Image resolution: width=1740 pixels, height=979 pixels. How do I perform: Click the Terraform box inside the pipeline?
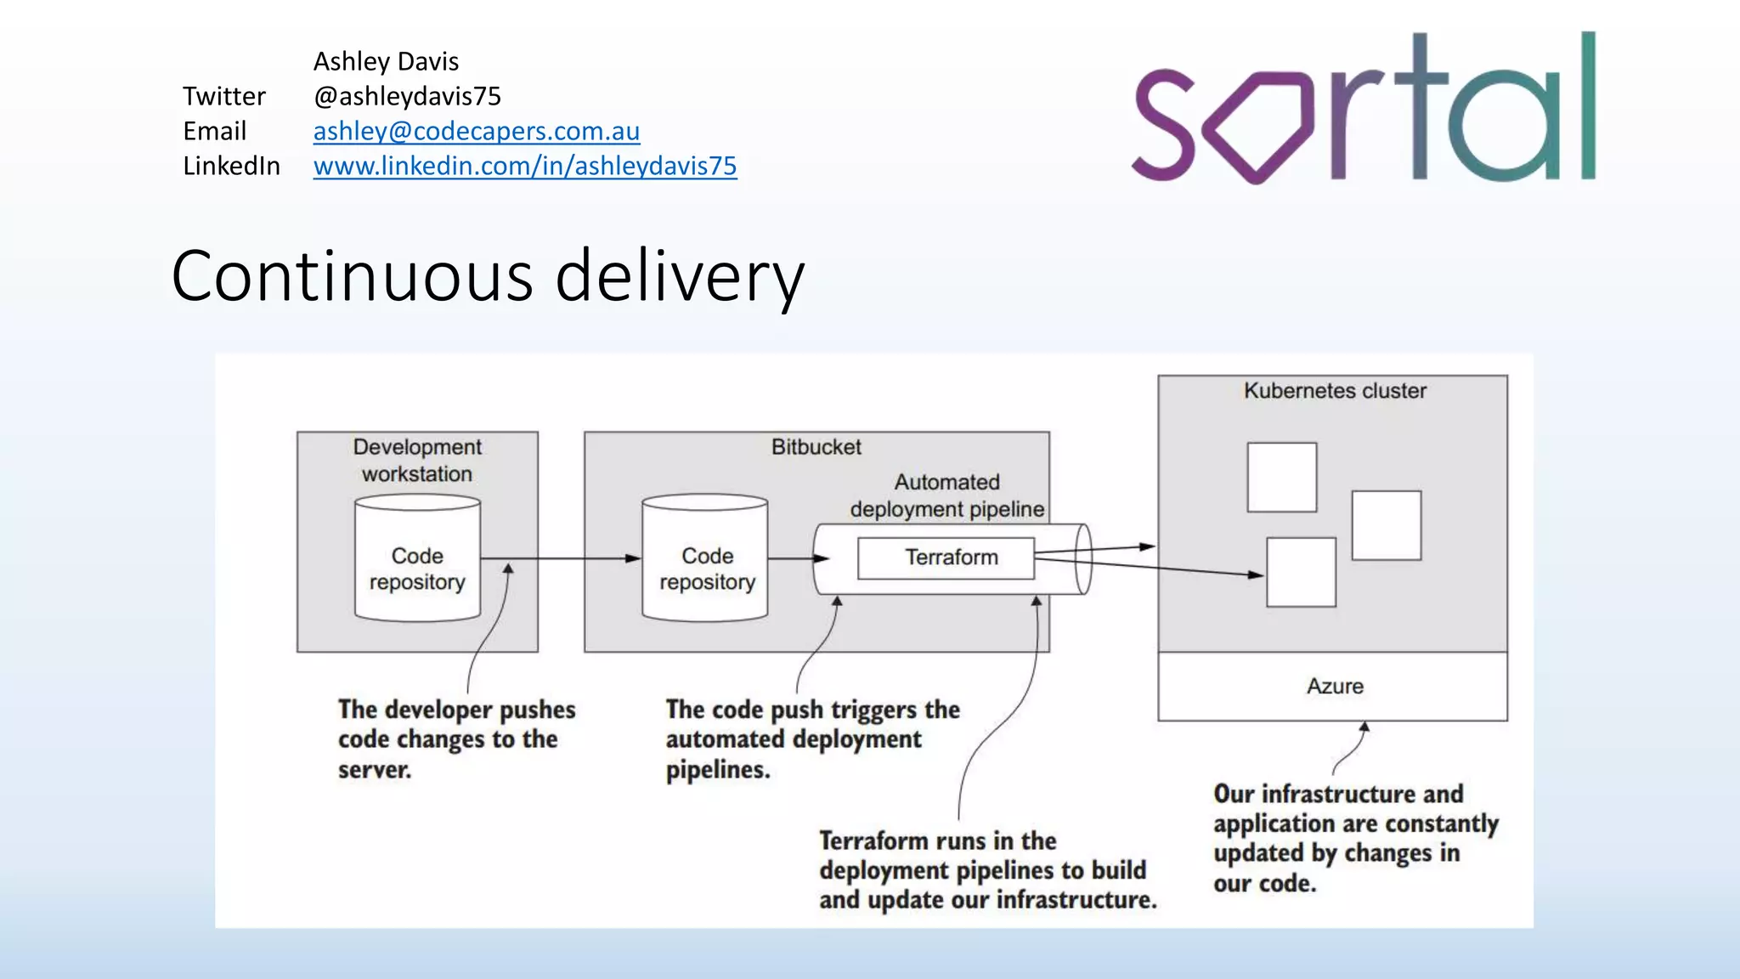pos(946,558)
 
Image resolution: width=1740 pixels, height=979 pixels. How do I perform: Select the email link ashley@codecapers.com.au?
pos(476,131)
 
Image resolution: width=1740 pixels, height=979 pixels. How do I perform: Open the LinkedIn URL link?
pos(524,166)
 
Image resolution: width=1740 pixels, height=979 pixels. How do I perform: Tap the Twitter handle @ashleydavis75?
pos(407,96)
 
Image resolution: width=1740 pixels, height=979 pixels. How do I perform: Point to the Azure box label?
pos(1334,687)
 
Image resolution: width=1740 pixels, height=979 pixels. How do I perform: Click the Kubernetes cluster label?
pos(1334,391)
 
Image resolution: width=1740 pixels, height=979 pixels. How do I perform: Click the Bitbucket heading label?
pos(816,447)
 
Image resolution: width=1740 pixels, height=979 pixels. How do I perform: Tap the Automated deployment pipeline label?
pos(946,495)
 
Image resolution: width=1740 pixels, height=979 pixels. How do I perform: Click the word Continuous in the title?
pos(352,277)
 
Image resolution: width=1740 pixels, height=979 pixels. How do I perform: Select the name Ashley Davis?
pos(386,61)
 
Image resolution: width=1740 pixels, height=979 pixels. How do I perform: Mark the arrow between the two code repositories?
pos(561,558)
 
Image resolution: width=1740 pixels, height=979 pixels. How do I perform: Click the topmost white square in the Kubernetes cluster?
pos(1281,477)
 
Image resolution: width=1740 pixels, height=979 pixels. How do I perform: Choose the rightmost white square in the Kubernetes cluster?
pos(1386,525)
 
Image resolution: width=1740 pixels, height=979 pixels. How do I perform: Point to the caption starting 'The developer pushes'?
pos(456,739)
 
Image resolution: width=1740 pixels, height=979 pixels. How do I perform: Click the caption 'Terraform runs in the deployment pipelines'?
pos(987,870)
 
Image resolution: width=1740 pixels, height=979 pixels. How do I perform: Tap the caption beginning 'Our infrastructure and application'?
pos(1354,838)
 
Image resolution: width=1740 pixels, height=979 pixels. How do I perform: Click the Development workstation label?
pos(417,460)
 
